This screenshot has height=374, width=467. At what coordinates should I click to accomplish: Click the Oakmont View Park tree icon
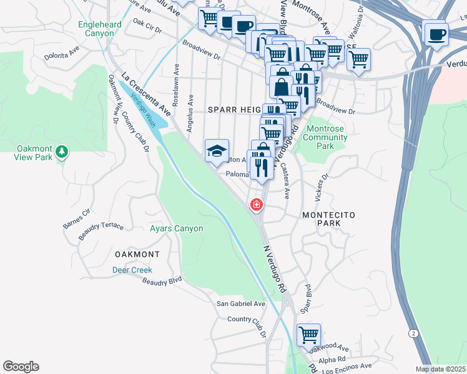[x=61, y=151]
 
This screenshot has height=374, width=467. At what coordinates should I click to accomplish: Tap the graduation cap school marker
[x=217, y=151]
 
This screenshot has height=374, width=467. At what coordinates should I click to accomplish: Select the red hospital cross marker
[x=255, y=204]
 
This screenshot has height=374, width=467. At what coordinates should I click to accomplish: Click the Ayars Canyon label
[x=177, y=229]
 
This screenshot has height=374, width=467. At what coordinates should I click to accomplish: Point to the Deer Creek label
[x=132, y=270]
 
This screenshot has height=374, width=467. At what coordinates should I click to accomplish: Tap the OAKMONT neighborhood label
[x=137, y=255]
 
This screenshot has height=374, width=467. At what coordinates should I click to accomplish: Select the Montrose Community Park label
[x=325, y=137]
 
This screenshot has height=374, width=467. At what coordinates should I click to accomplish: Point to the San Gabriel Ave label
[x=241, y=304]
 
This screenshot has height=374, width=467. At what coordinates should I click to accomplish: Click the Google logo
[x=21, y=367]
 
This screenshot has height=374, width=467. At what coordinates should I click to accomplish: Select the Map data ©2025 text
[x=441, y=369]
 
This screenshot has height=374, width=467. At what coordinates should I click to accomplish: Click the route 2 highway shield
[x=413, y=333]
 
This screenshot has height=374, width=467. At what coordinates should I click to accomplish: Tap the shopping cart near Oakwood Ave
[x=308, y=335]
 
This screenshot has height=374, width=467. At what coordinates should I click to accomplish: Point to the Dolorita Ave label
[x=64, y=54]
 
